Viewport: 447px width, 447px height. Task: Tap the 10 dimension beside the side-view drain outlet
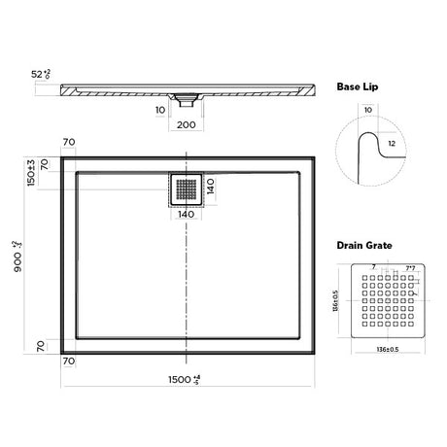160,110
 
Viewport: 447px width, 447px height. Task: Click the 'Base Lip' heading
357,86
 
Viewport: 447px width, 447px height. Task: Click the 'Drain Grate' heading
364,247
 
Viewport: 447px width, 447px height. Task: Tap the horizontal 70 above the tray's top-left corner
70,143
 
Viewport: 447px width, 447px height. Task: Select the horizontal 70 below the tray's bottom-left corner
70,361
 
